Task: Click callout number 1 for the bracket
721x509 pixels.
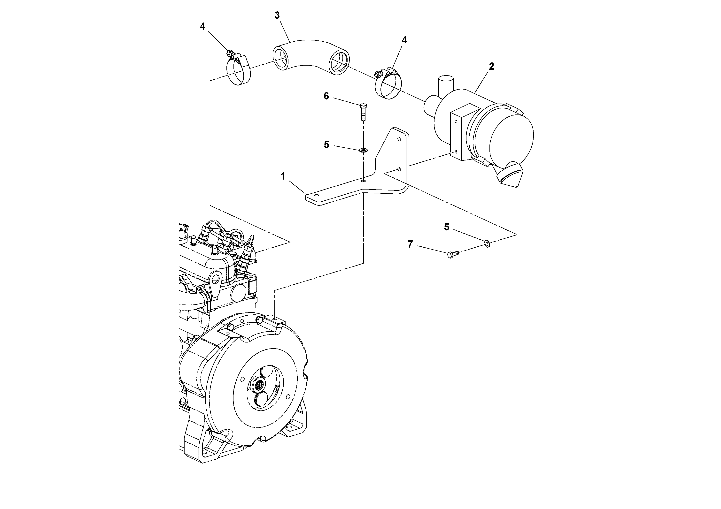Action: coord(283,177)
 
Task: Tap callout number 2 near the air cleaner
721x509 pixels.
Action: coord(491,66)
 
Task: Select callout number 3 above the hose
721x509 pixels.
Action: coord(277,15)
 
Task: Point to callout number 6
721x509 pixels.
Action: coord(326,96)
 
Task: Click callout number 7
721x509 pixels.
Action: coord(410,244)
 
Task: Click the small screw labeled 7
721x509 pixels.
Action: coord(452,254)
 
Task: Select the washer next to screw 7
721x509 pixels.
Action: coord(487,243)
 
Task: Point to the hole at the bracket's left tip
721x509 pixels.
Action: coord(317,195)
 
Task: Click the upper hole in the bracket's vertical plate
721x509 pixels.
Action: coord(399,138)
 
